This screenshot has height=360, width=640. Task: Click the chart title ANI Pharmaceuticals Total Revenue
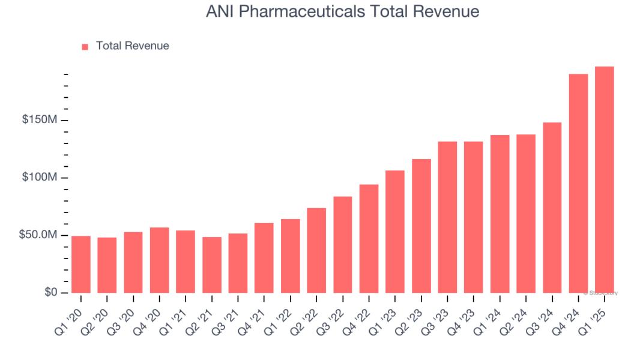(342, 11)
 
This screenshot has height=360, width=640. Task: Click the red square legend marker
(85, 46)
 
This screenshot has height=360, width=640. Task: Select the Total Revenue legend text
(132, 46)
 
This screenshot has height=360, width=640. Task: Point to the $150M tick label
(40, 120)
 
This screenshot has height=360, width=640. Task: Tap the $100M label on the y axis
(40, 178)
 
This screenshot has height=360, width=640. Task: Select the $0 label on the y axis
(50, 292)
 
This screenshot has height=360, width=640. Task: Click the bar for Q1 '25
(604, 179)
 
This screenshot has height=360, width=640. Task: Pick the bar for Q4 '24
(578, 183)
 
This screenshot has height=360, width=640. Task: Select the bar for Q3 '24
(552, 208)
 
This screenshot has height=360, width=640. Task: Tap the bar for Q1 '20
(80, 264)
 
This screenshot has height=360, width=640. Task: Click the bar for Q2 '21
(212, 265)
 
